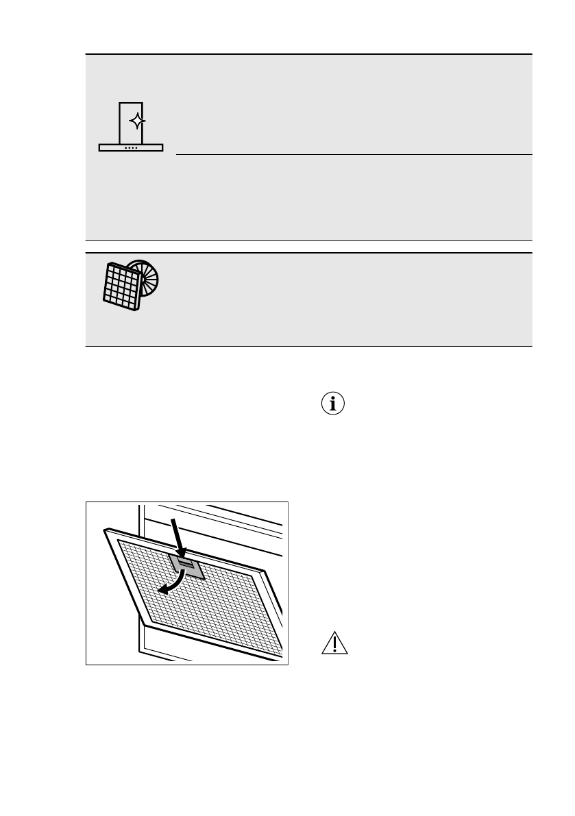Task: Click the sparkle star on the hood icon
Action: point(137,122)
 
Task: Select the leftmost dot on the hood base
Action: point(125,147)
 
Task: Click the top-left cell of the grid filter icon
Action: point(110,269)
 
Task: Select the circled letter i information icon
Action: point(334,404)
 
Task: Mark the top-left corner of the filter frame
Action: point(105,529)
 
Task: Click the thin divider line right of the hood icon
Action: point(353,154)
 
